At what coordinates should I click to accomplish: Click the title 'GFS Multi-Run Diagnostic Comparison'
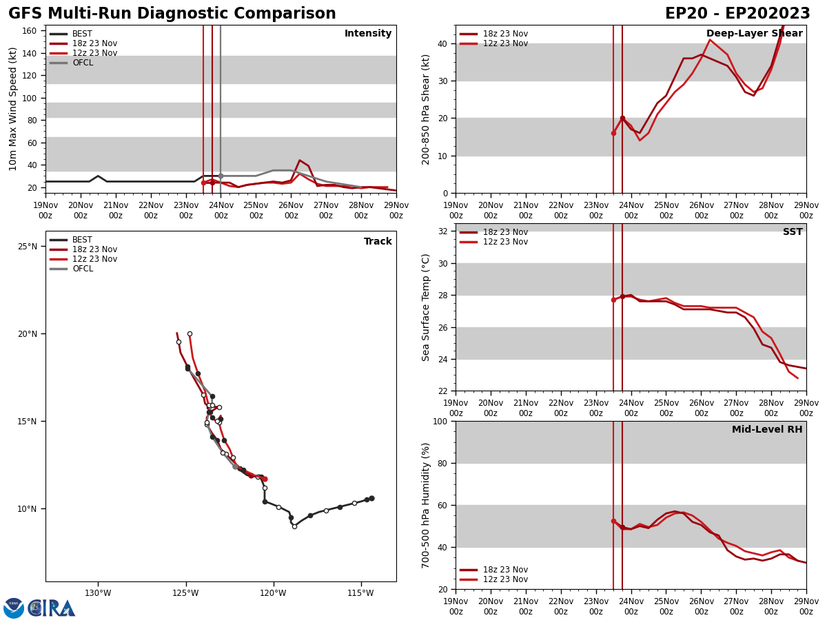click(172, 14)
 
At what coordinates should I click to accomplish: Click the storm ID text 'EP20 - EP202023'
click(737, 14)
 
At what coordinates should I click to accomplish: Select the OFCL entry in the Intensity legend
click(82, 63)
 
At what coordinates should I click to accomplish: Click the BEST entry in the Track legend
click(82, 240)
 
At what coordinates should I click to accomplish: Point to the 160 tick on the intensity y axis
click(30, 31)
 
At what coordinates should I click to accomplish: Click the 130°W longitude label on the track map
click(98, 593)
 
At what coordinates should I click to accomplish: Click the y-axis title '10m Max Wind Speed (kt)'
click(13, 109)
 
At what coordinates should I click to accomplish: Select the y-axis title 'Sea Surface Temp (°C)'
click(425, 307)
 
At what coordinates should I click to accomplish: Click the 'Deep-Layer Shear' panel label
click(754, 34)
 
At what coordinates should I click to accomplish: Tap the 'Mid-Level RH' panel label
click(766, 430)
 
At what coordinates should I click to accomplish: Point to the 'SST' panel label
click(792, 232)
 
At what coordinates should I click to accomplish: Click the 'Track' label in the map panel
click(378, 242)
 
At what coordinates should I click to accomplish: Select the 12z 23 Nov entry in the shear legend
click(505, 43)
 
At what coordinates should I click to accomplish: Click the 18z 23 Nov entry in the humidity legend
click(505, 570)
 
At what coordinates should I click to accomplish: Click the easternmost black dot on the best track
click(371, 498)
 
